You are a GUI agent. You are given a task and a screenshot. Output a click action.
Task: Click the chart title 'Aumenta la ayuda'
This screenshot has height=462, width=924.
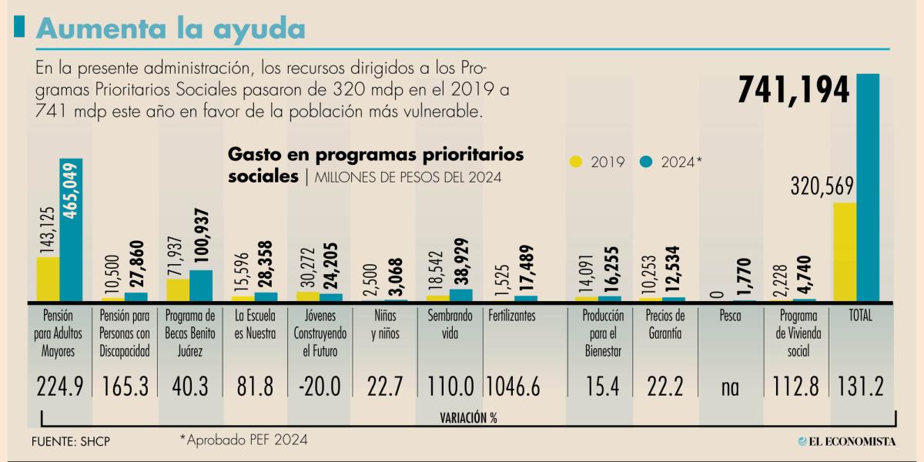170,28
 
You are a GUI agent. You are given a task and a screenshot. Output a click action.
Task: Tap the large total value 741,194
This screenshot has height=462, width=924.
794,90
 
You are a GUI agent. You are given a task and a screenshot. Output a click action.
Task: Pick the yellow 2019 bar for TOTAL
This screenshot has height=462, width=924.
845,252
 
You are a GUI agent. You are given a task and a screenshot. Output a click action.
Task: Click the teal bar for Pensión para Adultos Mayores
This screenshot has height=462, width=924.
71,229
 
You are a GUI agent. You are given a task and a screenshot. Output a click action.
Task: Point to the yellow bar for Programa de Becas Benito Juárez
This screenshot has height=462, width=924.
178,290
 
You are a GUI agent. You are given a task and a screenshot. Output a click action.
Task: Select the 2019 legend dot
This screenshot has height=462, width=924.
576,162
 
